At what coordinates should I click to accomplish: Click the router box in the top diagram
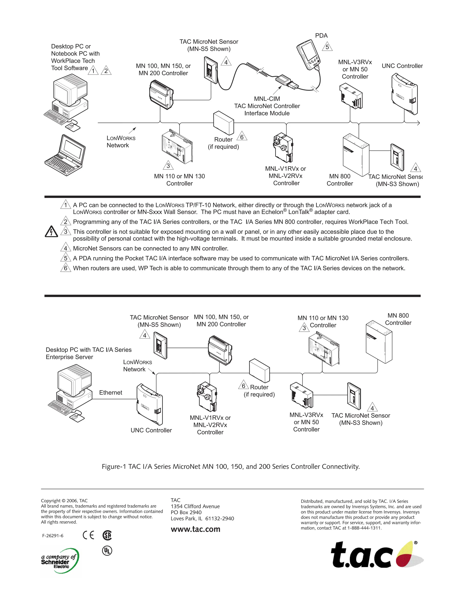pos(224,123)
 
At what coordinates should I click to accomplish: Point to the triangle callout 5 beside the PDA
pos(327,47)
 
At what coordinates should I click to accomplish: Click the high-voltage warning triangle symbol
pos(52,232)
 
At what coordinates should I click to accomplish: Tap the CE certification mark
pos(88,535)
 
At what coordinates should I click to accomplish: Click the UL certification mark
pos(107,551)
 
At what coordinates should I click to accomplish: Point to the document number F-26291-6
pos(53,536)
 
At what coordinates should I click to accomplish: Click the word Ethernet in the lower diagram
pos(111,393)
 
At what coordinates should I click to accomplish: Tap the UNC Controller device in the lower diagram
pos(150,404)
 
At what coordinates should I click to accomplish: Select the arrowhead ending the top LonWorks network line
pos(418,123)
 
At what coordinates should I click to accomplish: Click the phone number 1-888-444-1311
pos(364,528)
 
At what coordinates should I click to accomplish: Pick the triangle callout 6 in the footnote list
pos(66,268)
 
